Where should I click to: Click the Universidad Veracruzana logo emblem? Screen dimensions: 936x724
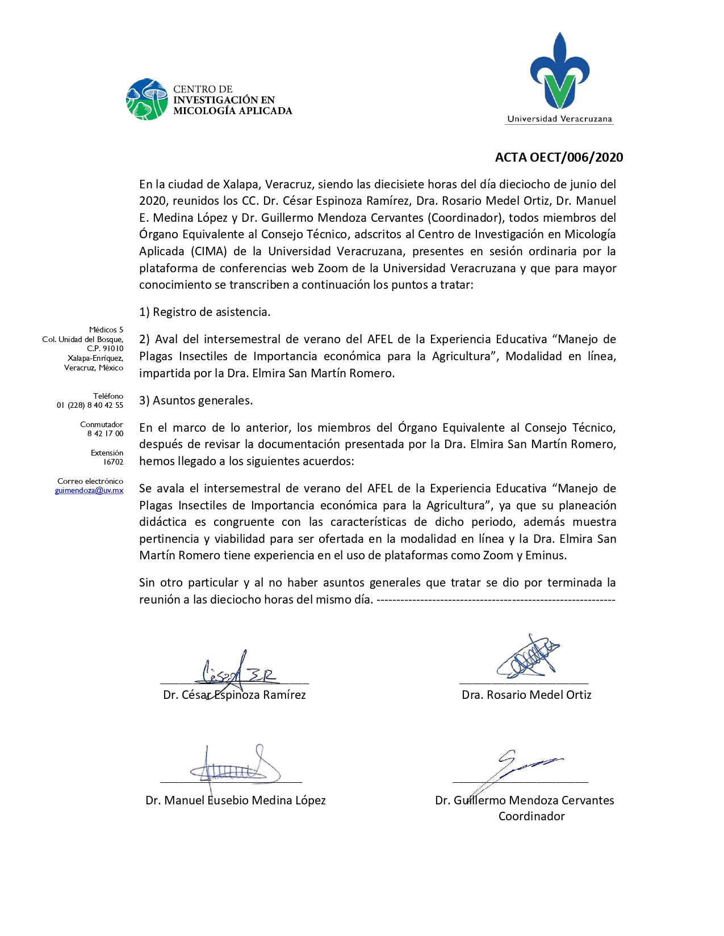[x=560, y=71]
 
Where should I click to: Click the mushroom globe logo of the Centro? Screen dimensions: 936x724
[x=147, y=99]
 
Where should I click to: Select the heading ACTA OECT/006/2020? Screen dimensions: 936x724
[x=559, y=157]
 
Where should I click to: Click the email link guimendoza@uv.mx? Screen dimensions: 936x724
[x=89, y=491]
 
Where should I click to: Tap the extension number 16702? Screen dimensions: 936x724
[x=113, y=462]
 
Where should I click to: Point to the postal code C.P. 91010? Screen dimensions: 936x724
[x=105, y=348]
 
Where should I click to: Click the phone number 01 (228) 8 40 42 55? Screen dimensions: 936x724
[x=90, y=405]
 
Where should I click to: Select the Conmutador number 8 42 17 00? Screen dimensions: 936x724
[x=105, y=433]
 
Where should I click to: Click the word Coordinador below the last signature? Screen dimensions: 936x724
[x=532, y=816]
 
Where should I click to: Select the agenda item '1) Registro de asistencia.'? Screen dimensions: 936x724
[x=205, y=312]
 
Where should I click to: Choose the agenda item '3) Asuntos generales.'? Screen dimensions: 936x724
[x=196, y=400]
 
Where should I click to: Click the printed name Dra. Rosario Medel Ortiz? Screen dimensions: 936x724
[x=526, y=695]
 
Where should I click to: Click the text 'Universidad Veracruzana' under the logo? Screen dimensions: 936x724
[x=559, y=119]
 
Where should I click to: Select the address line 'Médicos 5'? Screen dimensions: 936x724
[x=106, y=330]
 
